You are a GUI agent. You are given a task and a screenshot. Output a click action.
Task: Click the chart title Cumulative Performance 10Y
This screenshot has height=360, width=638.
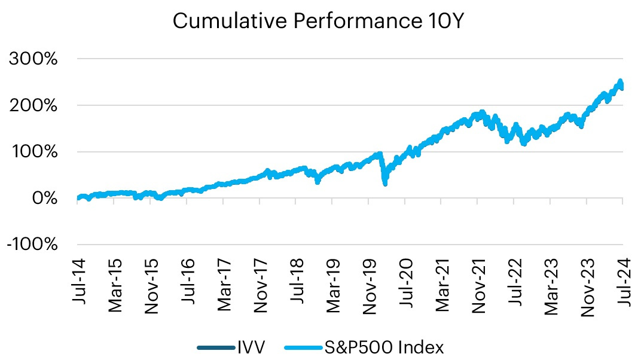point(318,22)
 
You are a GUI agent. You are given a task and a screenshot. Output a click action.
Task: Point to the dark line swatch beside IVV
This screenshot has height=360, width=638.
point(215,347)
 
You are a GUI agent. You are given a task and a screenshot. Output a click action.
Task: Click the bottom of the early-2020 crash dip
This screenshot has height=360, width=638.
point(384,183)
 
